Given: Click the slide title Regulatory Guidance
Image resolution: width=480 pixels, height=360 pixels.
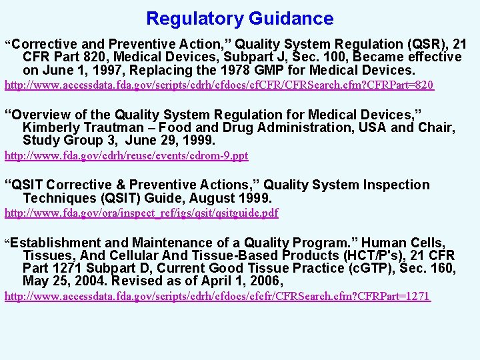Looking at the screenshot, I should pos(239,19).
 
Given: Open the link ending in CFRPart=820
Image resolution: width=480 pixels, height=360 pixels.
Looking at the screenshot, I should pos(219,85).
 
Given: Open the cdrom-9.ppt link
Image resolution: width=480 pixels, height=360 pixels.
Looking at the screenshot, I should pos(127,156).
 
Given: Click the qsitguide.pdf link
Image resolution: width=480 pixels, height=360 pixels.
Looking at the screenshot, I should pos(142,213).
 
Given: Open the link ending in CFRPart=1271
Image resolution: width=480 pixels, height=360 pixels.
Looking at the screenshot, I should pos(218,296).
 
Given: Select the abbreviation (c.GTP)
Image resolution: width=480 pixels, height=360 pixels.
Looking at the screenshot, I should pos(379,269).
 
